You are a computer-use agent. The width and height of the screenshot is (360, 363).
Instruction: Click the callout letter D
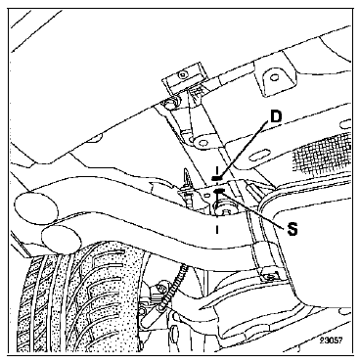tap(276, 116)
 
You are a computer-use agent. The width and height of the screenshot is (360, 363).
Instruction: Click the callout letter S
tap(292, 229)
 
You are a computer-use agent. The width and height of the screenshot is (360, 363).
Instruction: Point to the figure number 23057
tap(331, 340)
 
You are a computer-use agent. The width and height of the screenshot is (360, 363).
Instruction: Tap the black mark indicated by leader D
tap(217, 178)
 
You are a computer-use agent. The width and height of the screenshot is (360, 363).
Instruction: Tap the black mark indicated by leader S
tap(219, 190)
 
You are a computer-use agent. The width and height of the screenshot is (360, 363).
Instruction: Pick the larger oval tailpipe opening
tap(36, 208)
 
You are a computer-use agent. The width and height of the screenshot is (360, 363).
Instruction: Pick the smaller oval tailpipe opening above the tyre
tap(62, 240)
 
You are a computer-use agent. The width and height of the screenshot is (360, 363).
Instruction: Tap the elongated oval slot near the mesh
tap(262, 153)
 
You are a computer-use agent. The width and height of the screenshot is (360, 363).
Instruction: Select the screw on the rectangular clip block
tap(183, 74)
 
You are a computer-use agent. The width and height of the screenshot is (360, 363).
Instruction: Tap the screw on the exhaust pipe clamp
tap(269, 277)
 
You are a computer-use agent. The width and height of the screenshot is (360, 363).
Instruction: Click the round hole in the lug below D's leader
tap(202, 143)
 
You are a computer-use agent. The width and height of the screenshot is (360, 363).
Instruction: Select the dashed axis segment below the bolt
tap(217, 229)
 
